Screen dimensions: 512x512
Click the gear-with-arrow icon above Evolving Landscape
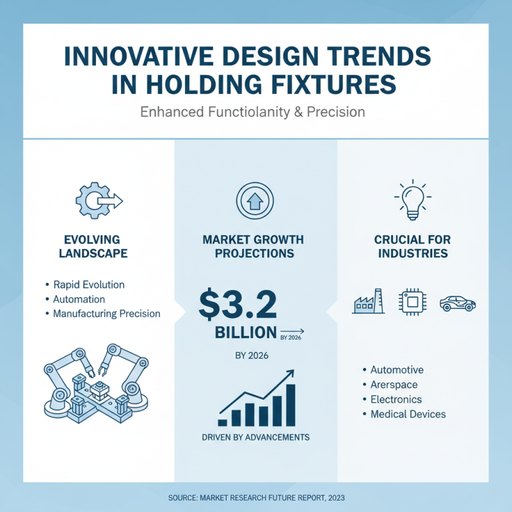(98, 200)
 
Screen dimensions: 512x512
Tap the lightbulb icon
(412, 199)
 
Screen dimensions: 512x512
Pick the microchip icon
(412, 302)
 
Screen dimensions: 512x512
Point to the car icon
(458, 303)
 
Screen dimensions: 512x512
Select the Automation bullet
(79, 299)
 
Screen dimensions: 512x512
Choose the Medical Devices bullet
(408, 414)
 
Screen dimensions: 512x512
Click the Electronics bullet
(396, 399)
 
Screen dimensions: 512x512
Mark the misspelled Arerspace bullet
(394, 385)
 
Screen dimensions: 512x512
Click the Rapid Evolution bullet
(88, 285)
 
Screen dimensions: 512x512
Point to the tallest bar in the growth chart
(290, 404)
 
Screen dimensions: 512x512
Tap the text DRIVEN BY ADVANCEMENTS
(255, 438)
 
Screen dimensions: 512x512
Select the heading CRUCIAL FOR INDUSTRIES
(412, 246)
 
